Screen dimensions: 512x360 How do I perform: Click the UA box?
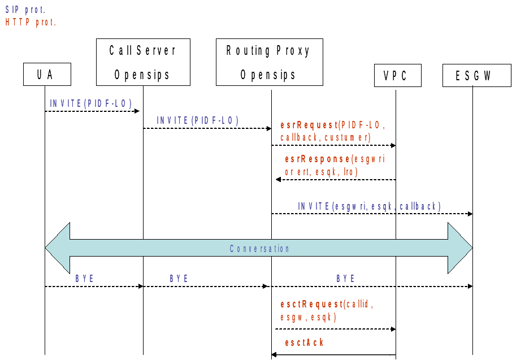click(x=47, y=75)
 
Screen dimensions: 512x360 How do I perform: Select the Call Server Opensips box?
click(x=143, y=62)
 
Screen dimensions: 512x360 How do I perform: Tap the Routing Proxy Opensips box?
click(x=270, y=62)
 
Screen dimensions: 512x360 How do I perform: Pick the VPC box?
click(x=398, y=76)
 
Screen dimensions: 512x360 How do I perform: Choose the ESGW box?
click(x=477, y=76)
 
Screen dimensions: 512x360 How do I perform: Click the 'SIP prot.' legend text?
click(x=25, y=10)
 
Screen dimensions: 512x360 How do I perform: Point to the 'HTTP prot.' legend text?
click(x=31, y=22)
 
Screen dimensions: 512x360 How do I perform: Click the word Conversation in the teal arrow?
click(x=259, y=249)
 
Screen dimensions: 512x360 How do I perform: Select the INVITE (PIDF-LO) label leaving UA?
click(x=91, y=103)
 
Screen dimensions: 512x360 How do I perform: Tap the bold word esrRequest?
click(x=309, y=125)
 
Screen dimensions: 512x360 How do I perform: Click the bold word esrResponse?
click(x=318, y=159)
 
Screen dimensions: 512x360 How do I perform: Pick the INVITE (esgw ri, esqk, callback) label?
click(x=369, y=206)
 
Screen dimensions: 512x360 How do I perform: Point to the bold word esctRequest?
click(x=312, y=305)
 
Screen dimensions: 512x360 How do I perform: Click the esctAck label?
click(x=304, y=342)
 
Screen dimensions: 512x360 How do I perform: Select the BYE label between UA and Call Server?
click(x=85, y=278)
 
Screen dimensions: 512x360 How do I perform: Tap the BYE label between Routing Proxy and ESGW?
click(x=345, y=278)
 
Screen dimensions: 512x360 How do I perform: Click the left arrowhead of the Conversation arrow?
click(x=58, y=248)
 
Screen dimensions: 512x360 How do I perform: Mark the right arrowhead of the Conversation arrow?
click(x=460, y=248)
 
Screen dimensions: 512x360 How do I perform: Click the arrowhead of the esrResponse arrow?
click(x=278, y=179)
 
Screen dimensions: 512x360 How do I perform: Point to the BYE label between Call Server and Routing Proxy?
click(x=179, y=278)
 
